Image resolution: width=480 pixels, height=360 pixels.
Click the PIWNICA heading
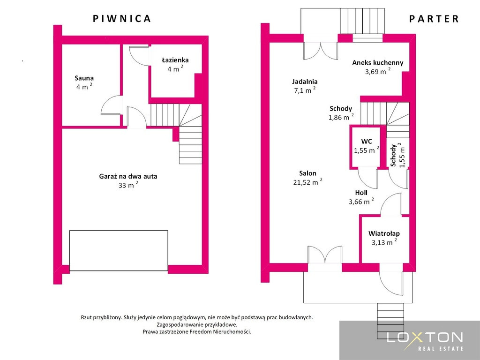[121, 18]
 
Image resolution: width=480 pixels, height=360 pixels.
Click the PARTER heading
[434, 19]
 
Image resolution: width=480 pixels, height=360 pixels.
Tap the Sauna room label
[84, 78]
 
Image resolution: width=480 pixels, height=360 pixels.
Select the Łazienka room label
[175, 60]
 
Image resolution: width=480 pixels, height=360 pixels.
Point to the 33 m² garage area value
[128, 185]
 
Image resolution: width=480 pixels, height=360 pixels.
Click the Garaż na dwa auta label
[128, 176]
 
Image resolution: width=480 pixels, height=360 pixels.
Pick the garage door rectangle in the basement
[119, 250]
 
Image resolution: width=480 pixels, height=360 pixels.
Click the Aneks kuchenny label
[378, 62]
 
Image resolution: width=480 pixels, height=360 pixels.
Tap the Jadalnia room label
[305, 82]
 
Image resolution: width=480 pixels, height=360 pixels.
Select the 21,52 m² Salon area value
[307, 182]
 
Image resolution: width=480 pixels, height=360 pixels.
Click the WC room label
[367, 141]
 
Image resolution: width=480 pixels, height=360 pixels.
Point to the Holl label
[361, 193]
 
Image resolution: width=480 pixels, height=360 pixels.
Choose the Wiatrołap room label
[384, 233]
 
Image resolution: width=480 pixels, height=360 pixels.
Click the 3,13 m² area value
[384, 242]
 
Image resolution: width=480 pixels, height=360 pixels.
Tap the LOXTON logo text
[425, 337]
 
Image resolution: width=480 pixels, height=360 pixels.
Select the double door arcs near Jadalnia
[320, 51]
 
